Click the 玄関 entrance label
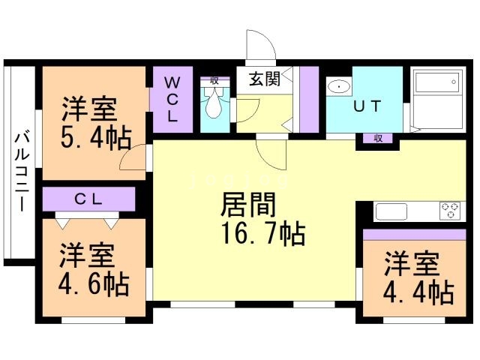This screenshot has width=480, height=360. pos(265,79)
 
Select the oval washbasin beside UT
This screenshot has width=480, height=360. pos(339,87)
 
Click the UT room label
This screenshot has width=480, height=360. pos(367,106)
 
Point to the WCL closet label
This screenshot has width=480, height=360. pos(172,99)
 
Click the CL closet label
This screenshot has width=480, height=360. pos(88,199)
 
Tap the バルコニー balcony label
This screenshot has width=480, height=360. pos(22,172)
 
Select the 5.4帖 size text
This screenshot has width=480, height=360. pos(96,139)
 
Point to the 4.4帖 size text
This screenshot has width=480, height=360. pos(418,293)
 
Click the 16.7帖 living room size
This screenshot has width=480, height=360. pos(263,234)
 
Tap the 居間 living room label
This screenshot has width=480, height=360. pos(248,205)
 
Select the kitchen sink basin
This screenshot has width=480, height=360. pos(391,211)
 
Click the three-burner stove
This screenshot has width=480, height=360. pos(450,211)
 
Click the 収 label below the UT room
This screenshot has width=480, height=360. pos(378,138)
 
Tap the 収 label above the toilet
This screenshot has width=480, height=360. pos(214,81)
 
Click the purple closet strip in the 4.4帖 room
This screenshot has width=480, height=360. pos(415,235)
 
